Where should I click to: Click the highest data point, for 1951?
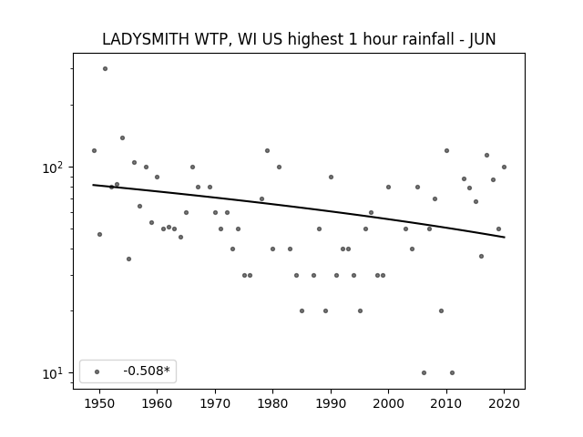point(106,69)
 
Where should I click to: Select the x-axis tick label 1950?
point(99,403)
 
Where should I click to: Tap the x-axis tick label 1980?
point(272,403)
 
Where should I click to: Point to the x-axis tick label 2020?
point(504,403)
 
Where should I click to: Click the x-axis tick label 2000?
point(389,403)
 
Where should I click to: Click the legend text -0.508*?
point(147,371)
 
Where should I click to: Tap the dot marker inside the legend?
point(97,371)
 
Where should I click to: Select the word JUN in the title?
point(482,39)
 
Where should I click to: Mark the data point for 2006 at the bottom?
point(424,372)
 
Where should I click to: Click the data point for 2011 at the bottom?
point(452,372)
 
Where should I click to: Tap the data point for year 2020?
point(504,168)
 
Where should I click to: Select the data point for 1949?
point(94,150)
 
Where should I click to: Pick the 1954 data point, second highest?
point(122,137)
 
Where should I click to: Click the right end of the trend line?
point(505,237)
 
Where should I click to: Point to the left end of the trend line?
point(93,185)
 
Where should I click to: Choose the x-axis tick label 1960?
point(157,403)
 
